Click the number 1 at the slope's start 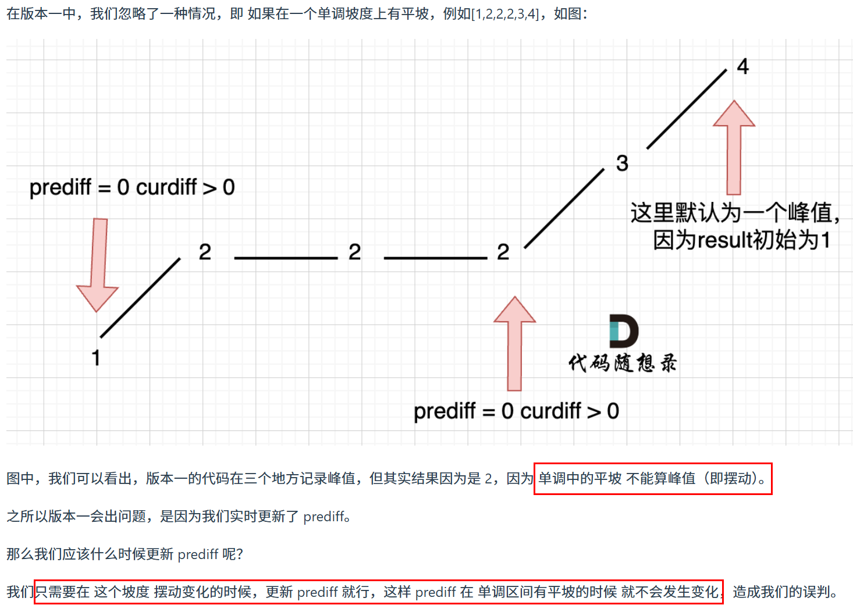pos(96,357)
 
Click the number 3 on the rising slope pos(622,163)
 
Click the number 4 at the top pos(742,67)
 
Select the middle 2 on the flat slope pos(354,252)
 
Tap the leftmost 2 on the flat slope pos(205,252)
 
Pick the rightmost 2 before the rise pos(503,252)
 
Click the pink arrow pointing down pos(98,265)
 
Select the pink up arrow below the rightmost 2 pos(514,343)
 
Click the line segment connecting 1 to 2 pos(140,297)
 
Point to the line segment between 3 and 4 pos(687,109)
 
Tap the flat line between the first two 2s pos(286,258)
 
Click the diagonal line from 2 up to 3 pos(564,208)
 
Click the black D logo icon pos(623,331)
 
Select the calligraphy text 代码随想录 pos(623,363)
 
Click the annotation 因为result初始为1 pos(741,240)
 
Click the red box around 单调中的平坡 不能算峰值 pos(652,479)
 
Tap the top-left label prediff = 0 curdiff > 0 pos(132,187)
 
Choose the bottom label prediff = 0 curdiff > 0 pos(516,411)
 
